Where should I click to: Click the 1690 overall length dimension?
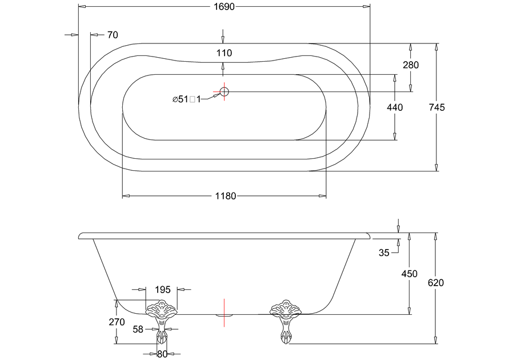tap(224, 7)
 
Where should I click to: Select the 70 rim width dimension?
tap(113, 35)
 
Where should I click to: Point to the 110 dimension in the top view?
tap(224, 53)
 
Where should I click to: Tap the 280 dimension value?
tap(410, 65)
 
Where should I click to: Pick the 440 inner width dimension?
tap(395, 107)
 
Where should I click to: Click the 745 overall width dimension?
tap(436, 107)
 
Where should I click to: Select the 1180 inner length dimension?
tap(225, 196)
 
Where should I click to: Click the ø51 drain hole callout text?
tap(187, 99)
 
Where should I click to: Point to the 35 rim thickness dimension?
tap(384, 253)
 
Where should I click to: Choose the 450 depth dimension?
tap(409, 274)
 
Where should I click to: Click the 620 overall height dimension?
tap(436, 283)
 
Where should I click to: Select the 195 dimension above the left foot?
tap(163, 289)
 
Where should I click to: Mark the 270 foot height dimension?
tap(117, 322)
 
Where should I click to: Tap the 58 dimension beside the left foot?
tap(138, 329)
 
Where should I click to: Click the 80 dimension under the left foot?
tap(162, 354)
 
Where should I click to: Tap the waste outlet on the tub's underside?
tap(225, 313)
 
